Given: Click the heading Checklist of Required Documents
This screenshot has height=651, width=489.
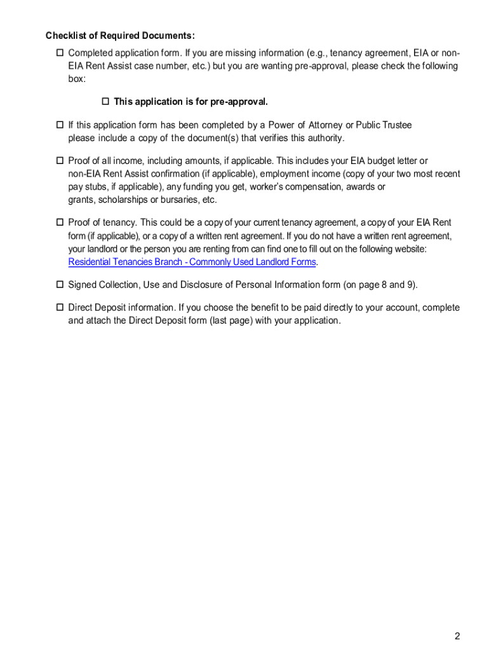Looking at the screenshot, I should click(120, 35).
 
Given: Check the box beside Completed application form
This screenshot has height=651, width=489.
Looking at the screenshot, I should click(60, 53).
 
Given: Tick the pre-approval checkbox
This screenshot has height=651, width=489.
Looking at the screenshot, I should click(106, 102).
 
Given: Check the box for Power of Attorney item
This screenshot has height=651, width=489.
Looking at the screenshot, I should click(60, 125).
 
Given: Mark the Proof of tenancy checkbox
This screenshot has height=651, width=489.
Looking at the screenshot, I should click(60, 223).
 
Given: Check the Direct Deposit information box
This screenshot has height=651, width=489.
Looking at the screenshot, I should click(60, 308).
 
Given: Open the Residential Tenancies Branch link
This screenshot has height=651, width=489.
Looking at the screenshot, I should click(192, 262).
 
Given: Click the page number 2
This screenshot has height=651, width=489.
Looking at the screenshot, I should click(457, 636).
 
